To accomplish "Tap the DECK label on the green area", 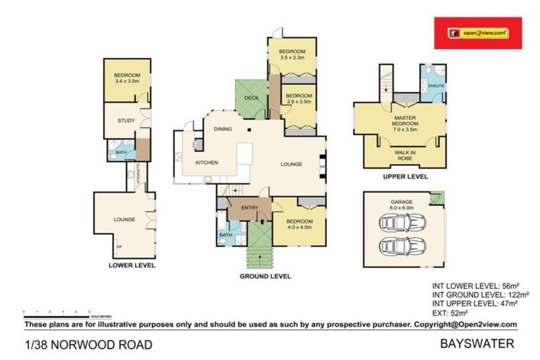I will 252,98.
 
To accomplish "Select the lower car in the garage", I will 402,247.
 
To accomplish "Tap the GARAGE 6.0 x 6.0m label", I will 402,205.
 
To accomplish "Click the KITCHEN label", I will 206,162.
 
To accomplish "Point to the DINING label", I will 223,129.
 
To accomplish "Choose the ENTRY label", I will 250,207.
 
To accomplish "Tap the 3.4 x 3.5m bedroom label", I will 127,79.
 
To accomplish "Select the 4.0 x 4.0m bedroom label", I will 300,224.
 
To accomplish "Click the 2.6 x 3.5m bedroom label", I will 299,98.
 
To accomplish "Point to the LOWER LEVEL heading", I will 131,265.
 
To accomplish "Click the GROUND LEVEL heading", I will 266,276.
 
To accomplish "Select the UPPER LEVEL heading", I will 405,177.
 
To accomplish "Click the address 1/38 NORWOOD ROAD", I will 88,345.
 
